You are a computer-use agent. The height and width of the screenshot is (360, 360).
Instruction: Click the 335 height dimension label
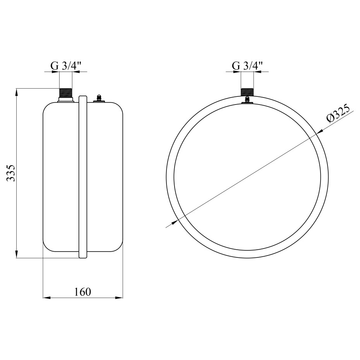pyautogui.click(x=11, y=173)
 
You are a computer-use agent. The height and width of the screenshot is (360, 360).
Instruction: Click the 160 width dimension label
pyautogui.click(x=83, y=292)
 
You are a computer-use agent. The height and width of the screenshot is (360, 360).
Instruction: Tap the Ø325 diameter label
pyautogui.click(x=338, y=114)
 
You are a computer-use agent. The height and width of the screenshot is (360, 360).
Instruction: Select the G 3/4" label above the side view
pyautogui.click(x=66, y=66)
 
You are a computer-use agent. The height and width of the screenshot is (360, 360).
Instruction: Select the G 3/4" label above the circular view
pyautogui.click(x=247, y=66)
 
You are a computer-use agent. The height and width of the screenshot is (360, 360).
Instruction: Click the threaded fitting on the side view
pyautogui.click(x=66, y=93)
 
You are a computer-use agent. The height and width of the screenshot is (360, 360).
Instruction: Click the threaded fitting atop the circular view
pyautogui.click(x=247, y=92)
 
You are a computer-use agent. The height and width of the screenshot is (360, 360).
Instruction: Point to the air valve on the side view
pyautogui.click(x=99, y=98)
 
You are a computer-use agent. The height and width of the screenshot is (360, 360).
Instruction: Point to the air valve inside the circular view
pyautogui.click(x=247, y=100)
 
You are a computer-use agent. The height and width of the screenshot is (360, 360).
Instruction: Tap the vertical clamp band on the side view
pyautogui.click(x=83, y=177)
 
